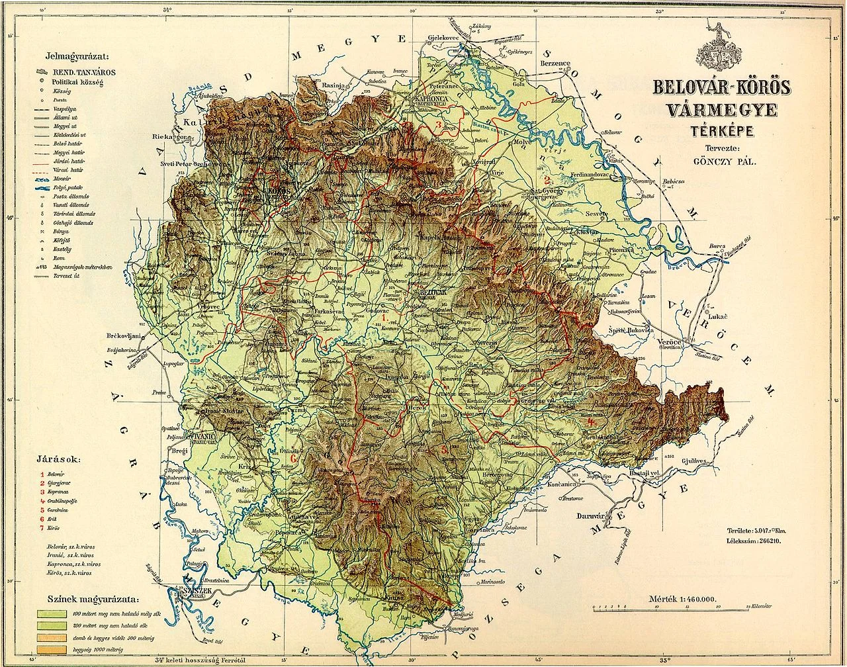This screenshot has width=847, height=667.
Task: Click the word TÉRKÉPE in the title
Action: click(x=714, y=130)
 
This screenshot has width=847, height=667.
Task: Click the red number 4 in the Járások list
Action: click(x=42, y=501)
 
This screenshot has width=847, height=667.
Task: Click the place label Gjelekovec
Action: click(x=444, y=38)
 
